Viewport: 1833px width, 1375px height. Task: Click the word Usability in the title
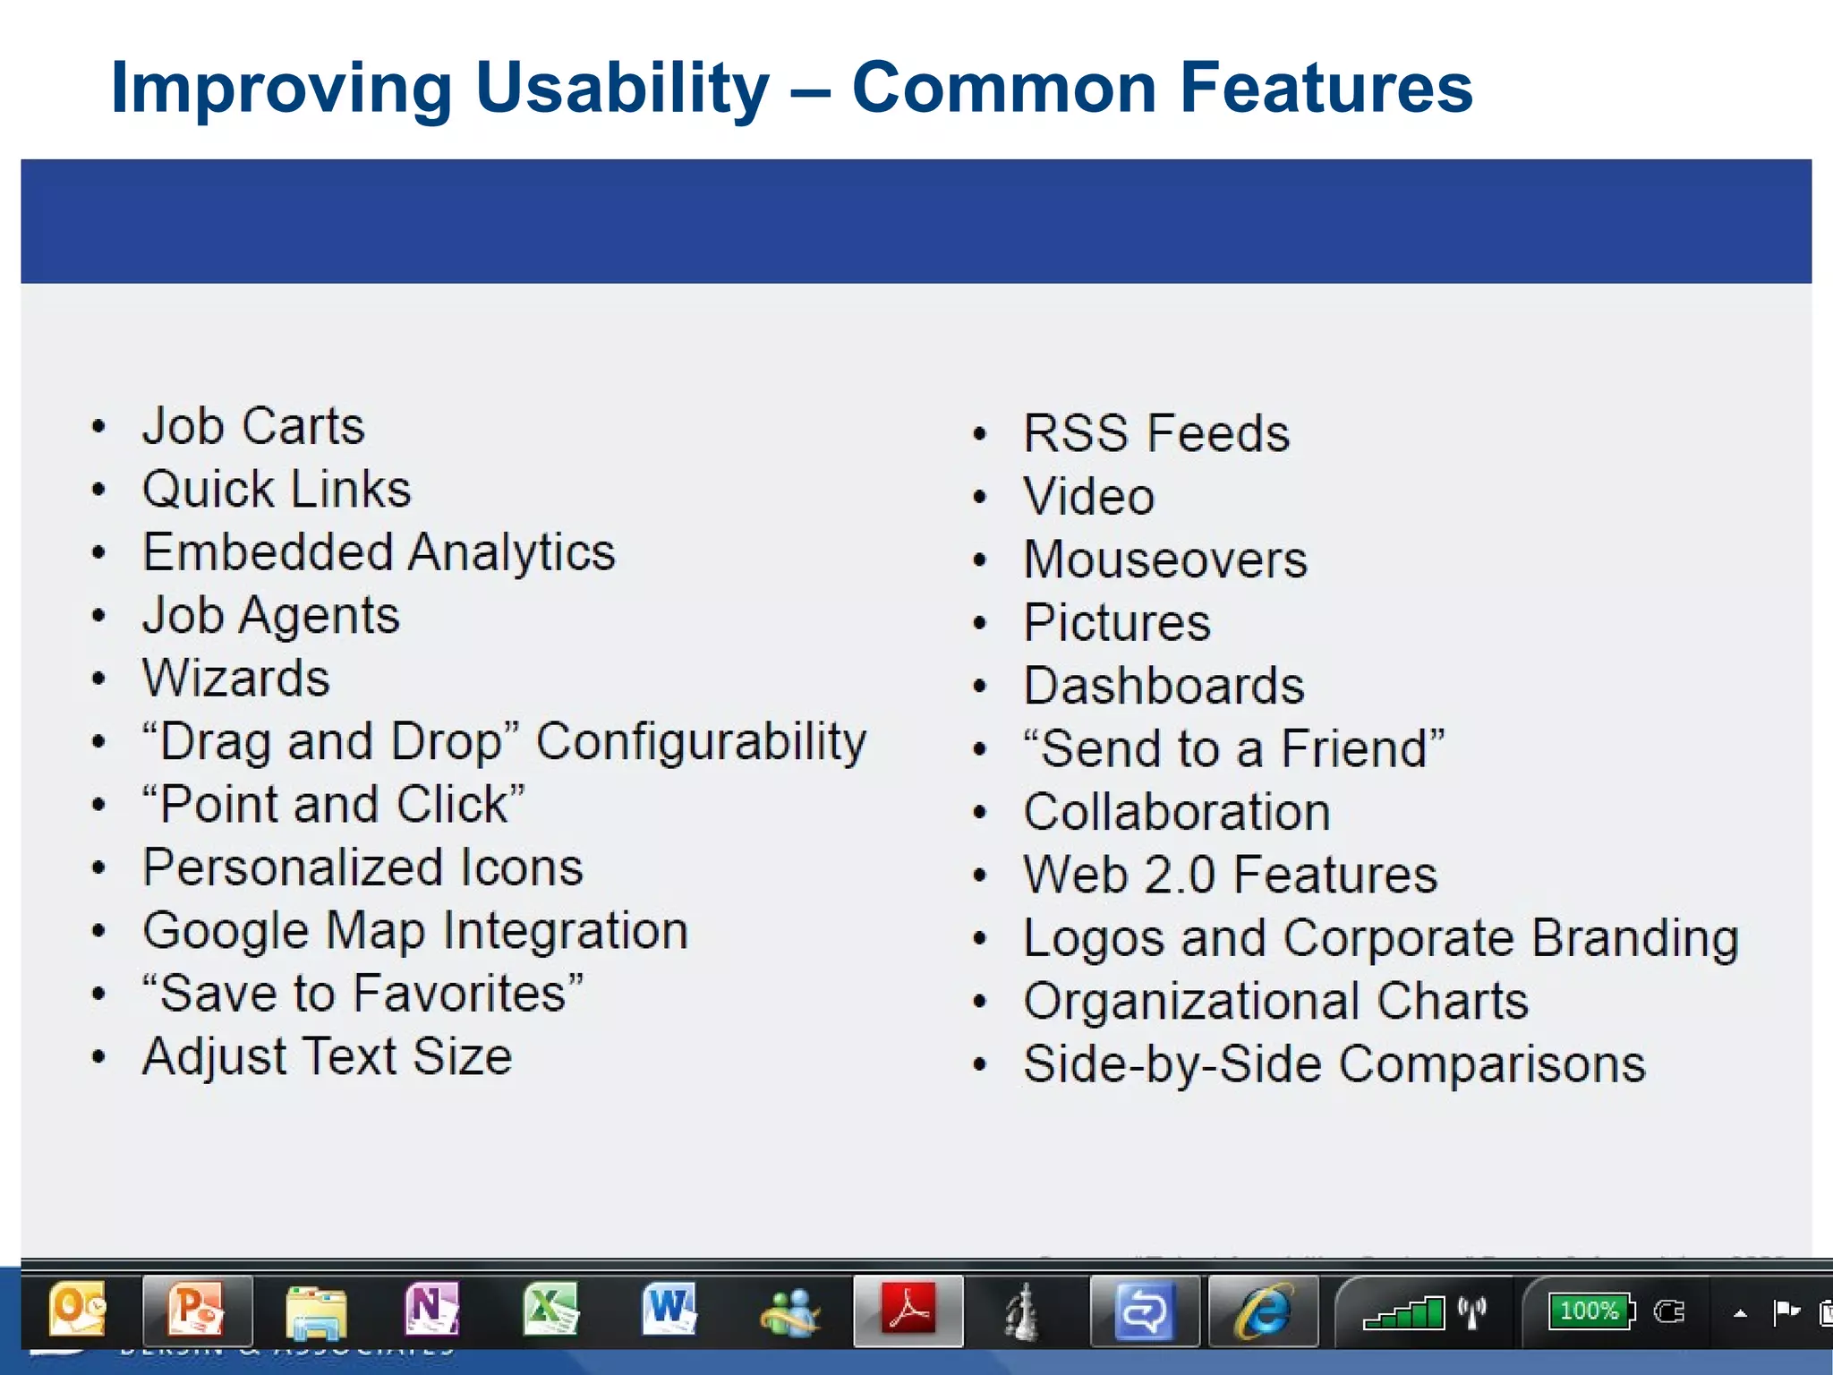click(621, 88)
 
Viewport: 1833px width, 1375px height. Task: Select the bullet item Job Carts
click(253, 425)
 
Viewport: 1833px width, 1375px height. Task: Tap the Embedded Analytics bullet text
click(379, 552)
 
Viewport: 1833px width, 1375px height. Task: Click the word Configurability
click(701, 742)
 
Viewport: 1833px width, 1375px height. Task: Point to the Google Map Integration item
click(415, 931)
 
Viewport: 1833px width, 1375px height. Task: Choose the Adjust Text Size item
click(328, 1057)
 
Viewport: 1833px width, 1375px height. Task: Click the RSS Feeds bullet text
click(1155, 433)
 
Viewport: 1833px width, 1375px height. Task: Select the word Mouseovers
click(1164, 559)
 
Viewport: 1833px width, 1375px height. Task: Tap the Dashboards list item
click(1164, 686)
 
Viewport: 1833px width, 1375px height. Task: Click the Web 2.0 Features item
click(1230, 875)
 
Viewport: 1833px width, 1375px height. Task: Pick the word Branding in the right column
click(1634, 938)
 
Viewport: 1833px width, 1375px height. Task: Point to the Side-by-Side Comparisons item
click(1334, 1064)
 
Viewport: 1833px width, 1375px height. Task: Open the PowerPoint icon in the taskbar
click(196, 1311)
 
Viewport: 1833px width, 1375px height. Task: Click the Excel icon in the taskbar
click(550, 1311)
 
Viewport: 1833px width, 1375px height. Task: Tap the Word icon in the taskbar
click(669, 1311)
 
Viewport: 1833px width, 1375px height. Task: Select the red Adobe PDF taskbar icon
click(908, 1311)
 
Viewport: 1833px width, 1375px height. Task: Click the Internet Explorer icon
click(1262, 1312)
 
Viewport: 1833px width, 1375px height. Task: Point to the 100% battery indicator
click(1590, 1311)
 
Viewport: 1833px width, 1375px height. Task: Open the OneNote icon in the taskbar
click(432, 1311)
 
